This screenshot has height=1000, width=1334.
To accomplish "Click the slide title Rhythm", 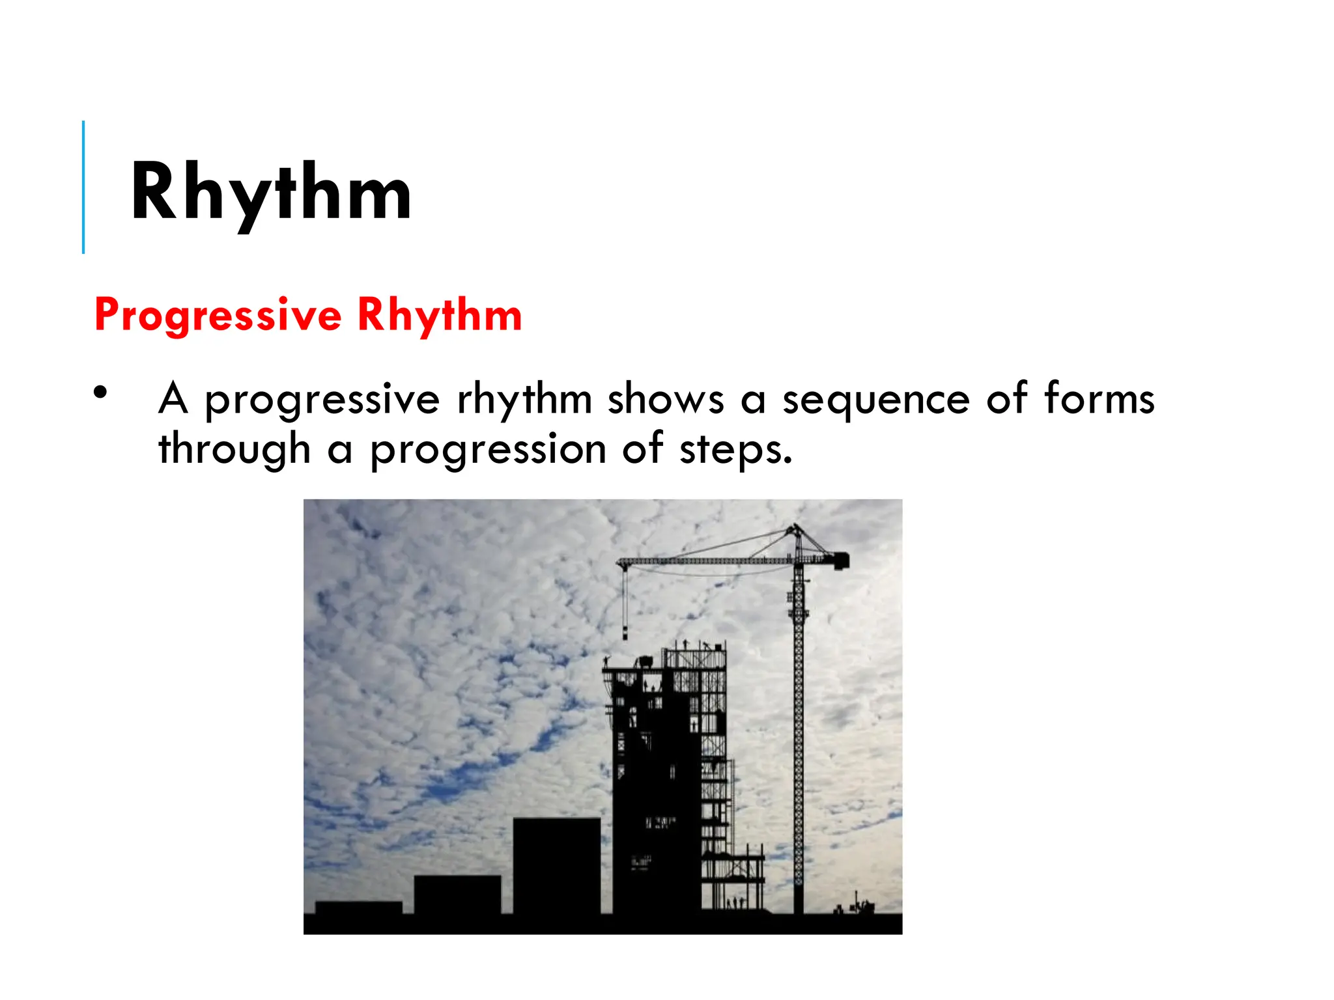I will pyautogui.click(x=270, y=193).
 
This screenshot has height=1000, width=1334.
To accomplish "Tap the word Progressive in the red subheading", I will pyautogui.click(x=218, y=315).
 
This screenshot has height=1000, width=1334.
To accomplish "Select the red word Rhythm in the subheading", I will pyautogui.click(x=440, y=315).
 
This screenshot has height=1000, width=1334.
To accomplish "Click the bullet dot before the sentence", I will pyautogui.click(x=100, y=393).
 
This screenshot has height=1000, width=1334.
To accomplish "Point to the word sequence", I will pyautogui.click(x=875, y=399).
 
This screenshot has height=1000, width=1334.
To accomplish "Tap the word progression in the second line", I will pyautogui.click(x=488, y=450).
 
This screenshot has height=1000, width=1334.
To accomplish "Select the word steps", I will pyautogui.click(x=735, y=450).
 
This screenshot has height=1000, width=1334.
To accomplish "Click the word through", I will pyautogui.click(x=234, y=450).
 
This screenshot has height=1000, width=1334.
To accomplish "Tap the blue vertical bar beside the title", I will pyautogui.click(x=83, y=187).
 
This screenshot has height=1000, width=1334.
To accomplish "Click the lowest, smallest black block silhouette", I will pyautogui.click(x=358, y=908).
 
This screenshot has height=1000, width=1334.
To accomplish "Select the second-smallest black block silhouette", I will pyautogui.click(x=457, y=895).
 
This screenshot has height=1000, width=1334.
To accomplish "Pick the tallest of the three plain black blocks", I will pyautogui.click(x=556, y=866).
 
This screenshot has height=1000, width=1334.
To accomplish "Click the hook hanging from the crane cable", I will pyautogui.click(x=625, y=632).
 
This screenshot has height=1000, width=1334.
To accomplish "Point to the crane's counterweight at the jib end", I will pyautogui.click(x=841, y=560).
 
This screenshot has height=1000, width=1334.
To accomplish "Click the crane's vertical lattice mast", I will pyautogui.click(x=798, y=749).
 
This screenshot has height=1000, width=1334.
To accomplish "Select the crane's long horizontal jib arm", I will pyautogui.click(x=703, y=561).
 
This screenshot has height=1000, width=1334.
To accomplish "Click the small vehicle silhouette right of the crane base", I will pyautogui.click(x=860, y=907).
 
